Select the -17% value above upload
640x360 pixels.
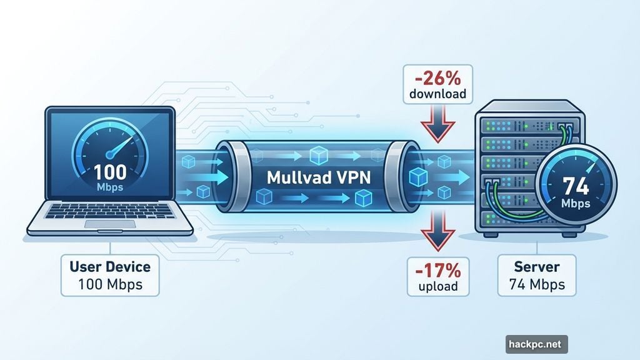437,271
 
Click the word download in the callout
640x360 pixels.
437,95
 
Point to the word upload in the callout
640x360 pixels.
437,287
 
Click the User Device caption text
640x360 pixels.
111,267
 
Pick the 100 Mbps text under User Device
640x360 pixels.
111,284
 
